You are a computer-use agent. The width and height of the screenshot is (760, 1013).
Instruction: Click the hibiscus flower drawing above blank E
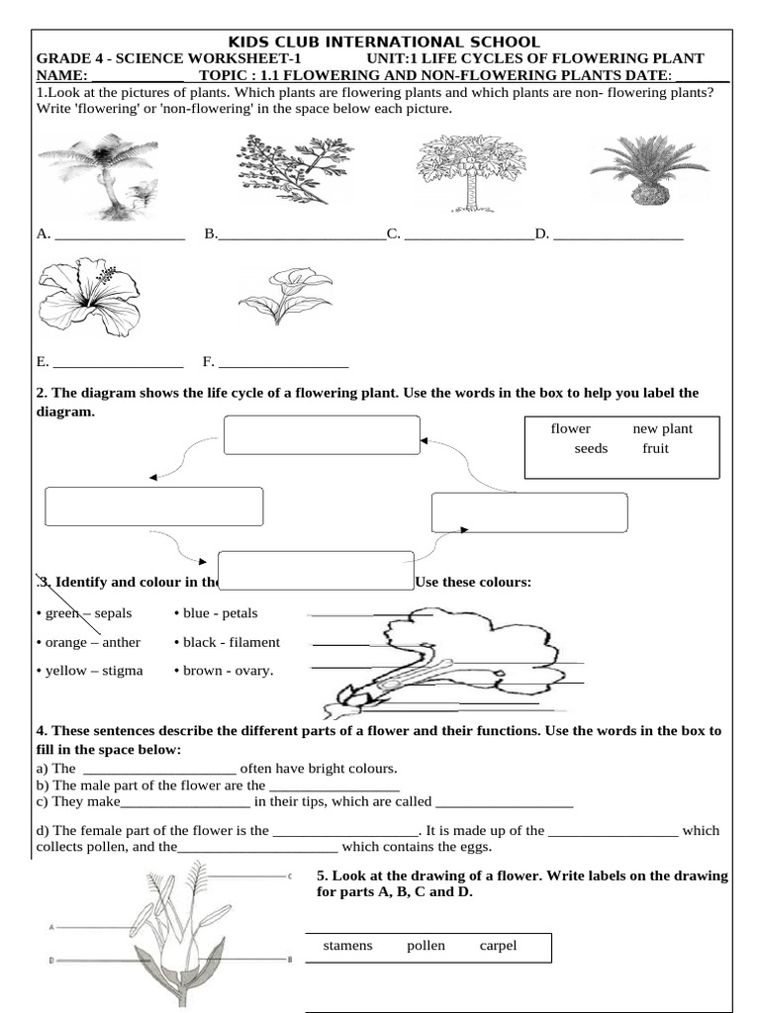click(89, 293)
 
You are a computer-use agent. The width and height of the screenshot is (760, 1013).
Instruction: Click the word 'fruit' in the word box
click(655, 448)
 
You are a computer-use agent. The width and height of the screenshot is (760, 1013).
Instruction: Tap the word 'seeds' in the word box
click(591, 448)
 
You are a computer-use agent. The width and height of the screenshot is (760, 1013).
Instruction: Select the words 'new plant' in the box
click(662, 428)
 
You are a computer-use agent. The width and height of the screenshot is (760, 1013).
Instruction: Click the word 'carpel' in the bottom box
click(498, 946)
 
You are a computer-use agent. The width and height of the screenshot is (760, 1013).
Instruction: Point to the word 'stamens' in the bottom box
click(347, 946)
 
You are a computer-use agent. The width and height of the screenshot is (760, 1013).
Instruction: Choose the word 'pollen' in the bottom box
click(426, 946)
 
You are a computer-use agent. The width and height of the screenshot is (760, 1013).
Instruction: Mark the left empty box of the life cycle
click(153, 506)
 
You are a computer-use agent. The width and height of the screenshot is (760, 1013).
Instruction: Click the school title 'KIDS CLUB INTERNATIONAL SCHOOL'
click(384, 42)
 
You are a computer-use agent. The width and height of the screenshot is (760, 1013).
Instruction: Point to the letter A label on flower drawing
click(48, 927)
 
